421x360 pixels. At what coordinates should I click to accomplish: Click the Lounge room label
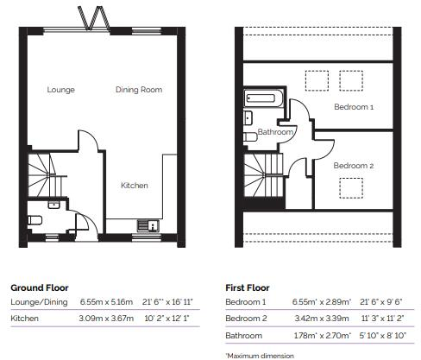(60, 90)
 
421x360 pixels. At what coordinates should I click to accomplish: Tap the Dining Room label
(139, 90)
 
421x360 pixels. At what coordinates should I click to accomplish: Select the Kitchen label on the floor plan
(134, 185)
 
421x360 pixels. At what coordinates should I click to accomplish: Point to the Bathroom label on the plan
(276, 133)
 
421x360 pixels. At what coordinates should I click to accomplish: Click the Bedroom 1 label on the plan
(354, 107)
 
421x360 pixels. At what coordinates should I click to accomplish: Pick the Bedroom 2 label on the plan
(353, 165)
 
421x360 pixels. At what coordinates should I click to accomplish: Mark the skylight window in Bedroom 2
(351, 187)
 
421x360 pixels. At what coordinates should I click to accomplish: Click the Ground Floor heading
(39, 287)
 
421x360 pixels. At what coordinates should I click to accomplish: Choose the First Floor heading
(248, 287)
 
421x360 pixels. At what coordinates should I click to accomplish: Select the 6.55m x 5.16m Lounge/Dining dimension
(108, 302)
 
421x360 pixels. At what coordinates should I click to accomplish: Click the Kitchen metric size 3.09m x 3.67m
(108, 319)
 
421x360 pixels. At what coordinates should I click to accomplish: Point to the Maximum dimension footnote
(261, 354)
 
